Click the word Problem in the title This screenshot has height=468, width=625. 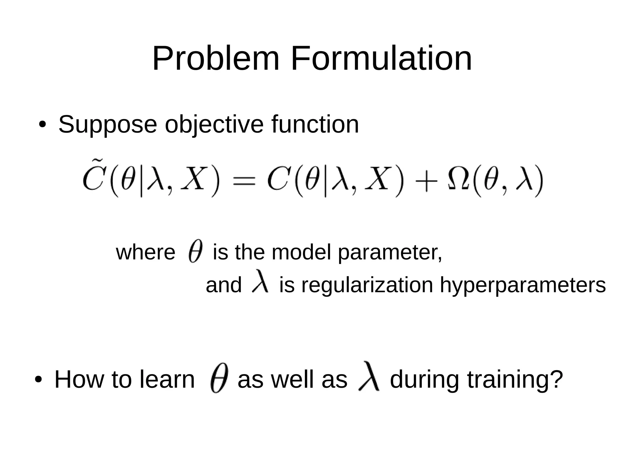[x=215, y=59]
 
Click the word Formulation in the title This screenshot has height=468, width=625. [x=381, y=59]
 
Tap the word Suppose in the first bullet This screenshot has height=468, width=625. [x=107, y=125]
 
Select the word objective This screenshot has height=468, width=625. [x=214, y=125]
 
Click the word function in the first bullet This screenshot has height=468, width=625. [x=315, y=124]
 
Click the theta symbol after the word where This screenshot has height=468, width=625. [x=195, y=251]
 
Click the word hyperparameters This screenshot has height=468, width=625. [x=522, y=285]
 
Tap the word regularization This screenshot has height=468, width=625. [x=367, y=285]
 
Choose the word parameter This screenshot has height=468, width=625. [x=390, y=253]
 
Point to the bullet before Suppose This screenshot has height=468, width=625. [x=42, y=125]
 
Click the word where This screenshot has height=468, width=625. [x=146, y=253]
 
